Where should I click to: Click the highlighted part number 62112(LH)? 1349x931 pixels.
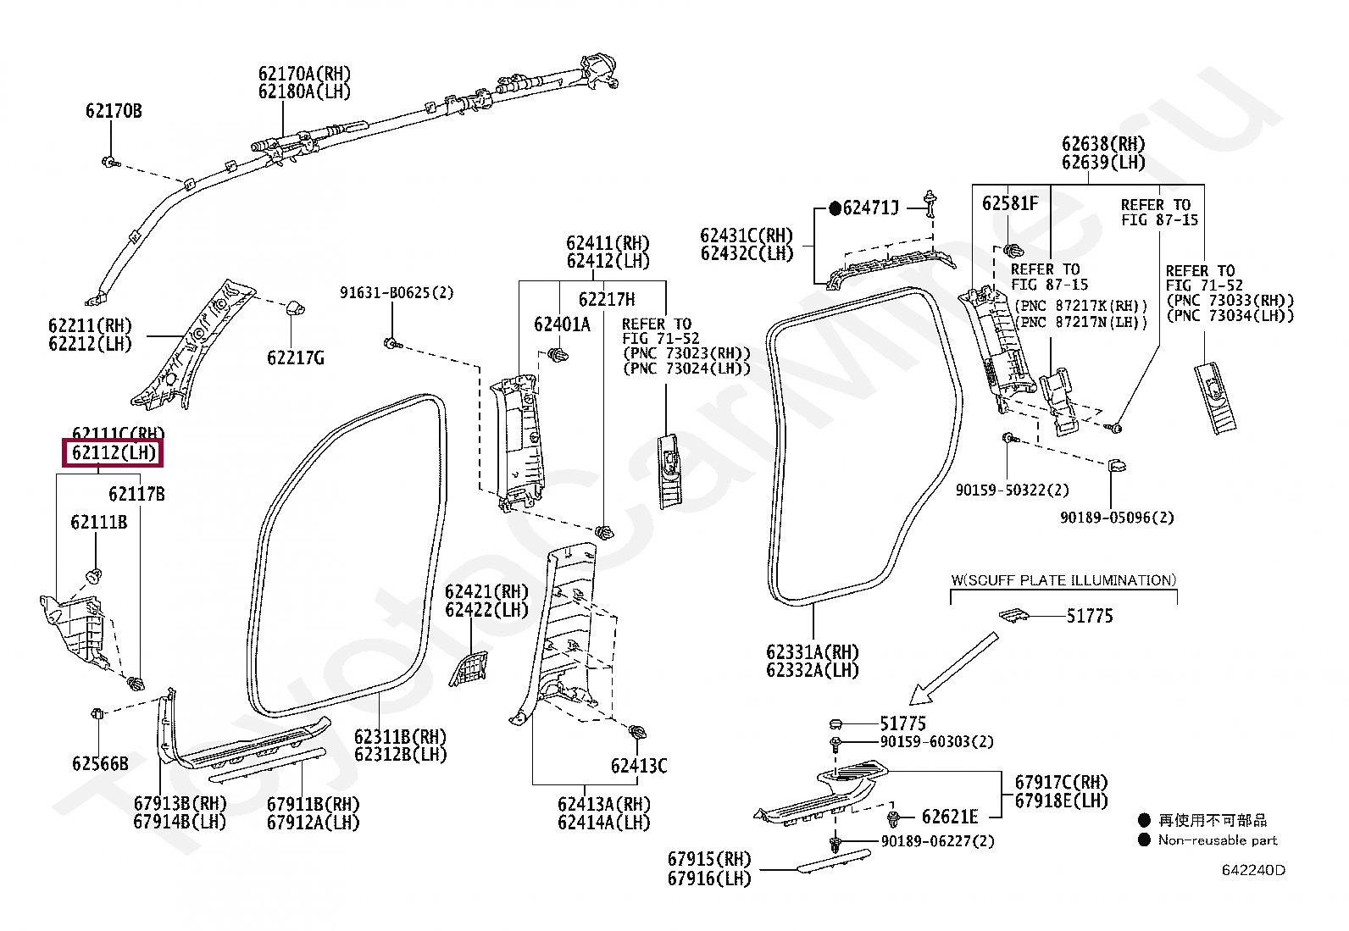[x=114, y=453]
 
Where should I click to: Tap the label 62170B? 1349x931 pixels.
[x=114, y=111]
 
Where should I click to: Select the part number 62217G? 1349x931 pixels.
[x=295, y=358]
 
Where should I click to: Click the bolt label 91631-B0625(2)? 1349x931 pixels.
[x=397, y=293]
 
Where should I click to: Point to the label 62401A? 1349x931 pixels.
[x=562, y=324]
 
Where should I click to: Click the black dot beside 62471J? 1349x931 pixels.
[x=835, y=208]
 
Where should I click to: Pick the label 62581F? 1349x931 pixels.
[x=1009, y=203]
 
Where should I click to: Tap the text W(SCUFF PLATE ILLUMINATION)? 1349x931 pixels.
[x=1063, y=580]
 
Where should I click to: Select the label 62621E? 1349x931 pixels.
[x=949, y=817]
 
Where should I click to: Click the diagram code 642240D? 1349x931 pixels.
[x=1252, y=870]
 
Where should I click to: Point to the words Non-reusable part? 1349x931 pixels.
[x=1217, y=840]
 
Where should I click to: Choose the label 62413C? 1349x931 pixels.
[x=638, y=766]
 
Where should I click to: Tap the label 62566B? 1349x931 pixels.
[x=100, y=763]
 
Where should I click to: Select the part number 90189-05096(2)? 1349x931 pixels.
[x=1116, y=518]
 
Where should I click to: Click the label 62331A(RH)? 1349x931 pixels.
[x=812, y=652]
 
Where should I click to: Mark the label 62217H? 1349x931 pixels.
[x=606, y=300]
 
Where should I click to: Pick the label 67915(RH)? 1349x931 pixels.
[x=709, y=860]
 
